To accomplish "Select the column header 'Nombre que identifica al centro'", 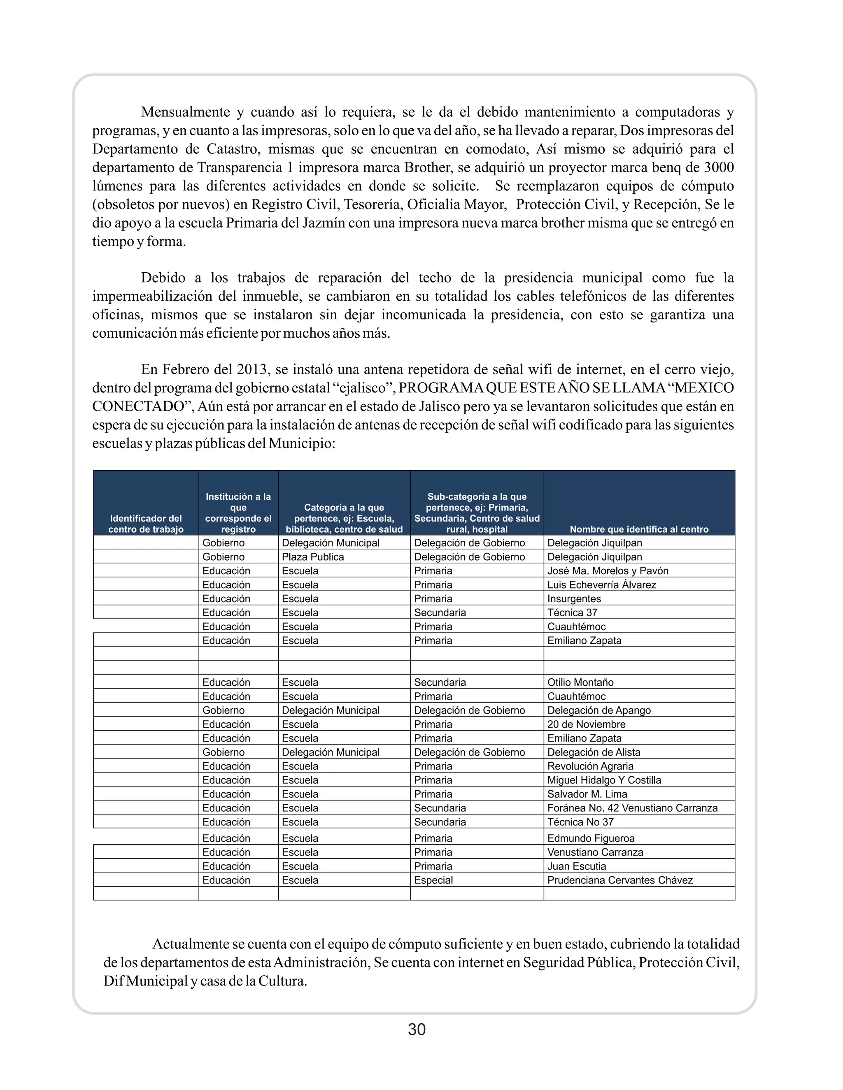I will [x=639, y=529].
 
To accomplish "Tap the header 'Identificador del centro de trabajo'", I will [x=146, y=524].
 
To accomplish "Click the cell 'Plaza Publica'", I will [x=313, y=557].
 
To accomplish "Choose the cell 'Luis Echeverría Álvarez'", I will [x=601, y=584].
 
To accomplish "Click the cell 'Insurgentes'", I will [x=574, y=598].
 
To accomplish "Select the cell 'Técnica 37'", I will [x=572, y=612].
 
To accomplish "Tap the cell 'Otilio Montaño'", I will [x=580, y=682].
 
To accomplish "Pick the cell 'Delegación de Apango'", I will [x=599, y=710].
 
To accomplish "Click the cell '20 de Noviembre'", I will [x=586, y=724].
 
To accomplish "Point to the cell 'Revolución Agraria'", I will [x=590, y=766].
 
